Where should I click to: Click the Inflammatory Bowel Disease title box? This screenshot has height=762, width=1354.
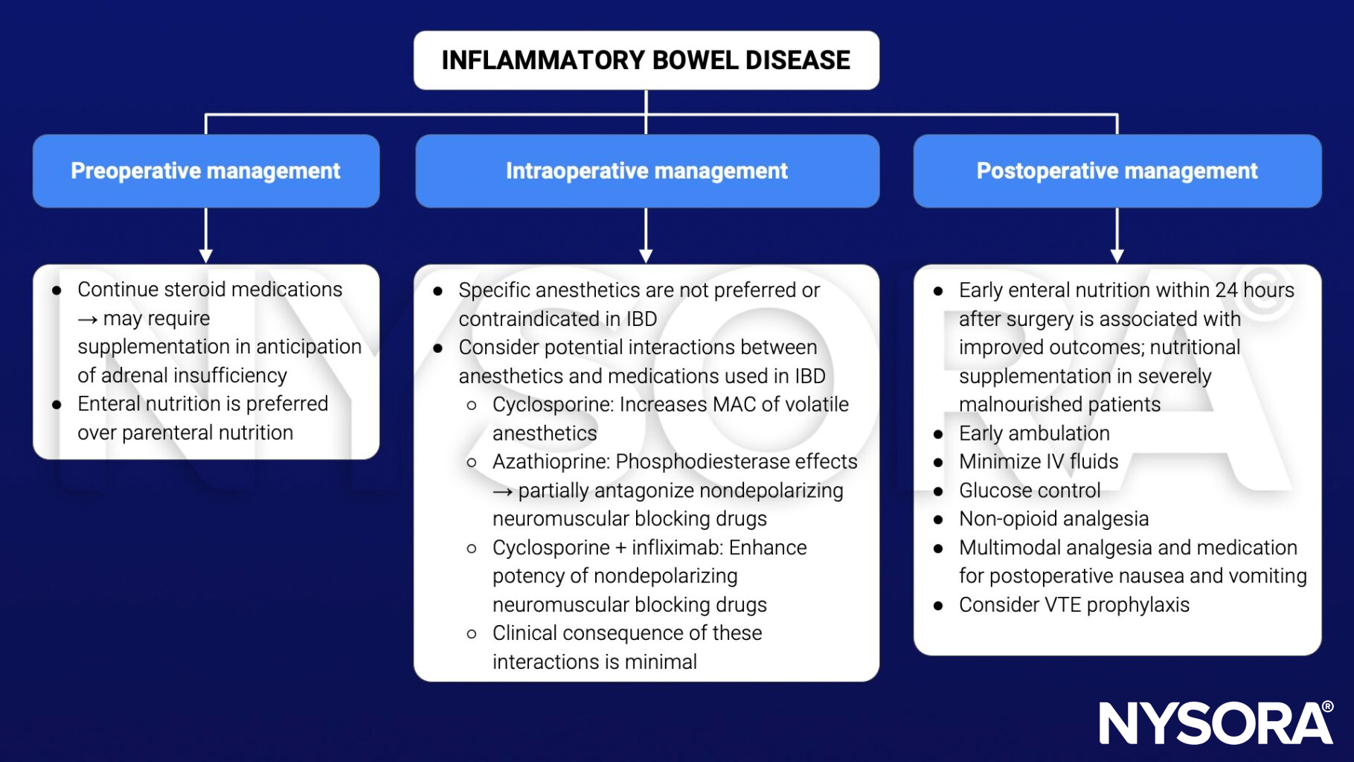coord(646,60)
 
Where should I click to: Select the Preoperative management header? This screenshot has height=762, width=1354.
coord(205,171)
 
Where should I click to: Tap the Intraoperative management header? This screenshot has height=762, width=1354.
coord(646,171)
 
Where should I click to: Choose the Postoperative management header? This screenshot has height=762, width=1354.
coord(1117,171)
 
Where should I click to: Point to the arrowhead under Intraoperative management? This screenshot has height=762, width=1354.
coord(646,255)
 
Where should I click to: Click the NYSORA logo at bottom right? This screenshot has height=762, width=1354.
coord(1216,723)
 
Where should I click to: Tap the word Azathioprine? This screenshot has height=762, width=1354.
coord(551,462)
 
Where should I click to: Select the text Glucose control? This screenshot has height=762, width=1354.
coord(1029,490)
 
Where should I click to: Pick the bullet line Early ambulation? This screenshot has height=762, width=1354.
coord(1033,433)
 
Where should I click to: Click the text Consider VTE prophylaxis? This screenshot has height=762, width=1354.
coord(1074,605)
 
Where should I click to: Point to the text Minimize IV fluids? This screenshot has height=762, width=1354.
coord(1038,462)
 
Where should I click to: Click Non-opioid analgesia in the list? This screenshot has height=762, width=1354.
coord(1053,519)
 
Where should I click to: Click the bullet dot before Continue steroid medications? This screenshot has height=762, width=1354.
coord(57,291)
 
